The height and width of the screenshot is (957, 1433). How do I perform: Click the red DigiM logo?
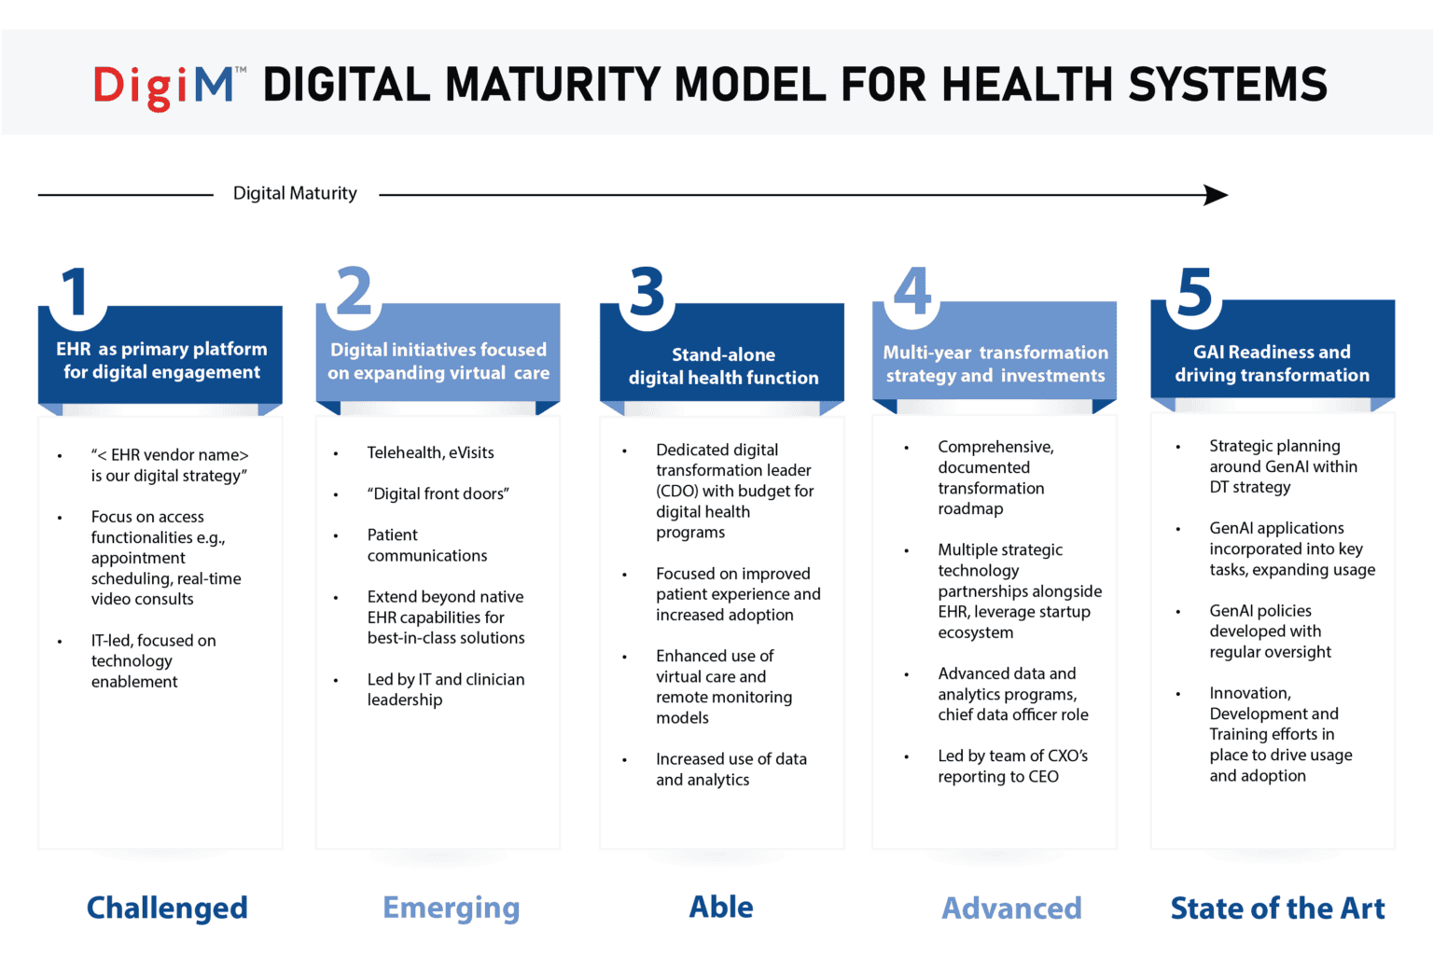[x=168, y=87]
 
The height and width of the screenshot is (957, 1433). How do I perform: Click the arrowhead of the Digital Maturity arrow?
[x=1216, y=195]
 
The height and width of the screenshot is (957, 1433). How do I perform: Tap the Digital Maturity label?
[x=295, y=193]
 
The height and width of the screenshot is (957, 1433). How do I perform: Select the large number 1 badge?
[x=76, y=293]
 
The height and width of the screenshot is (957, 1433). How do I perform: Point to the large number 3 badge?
[x=647, y=293]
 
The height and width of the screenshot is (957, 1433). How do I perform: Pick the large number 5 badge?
[x=1194, y=293]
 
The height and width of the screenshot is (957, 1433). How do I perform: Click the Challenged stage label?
[x=167, y=908]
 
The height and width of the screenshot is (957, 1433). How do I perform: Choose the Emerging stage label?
[x=451, y=908]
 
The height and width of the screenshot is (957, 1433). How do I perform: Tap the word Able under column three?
[x=721, y=907]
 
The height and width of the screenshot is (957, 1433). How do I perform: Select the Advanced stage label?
[x=1011, y=908]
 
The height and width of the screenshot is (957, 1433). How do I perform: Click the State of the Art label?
[x=1277, y=908]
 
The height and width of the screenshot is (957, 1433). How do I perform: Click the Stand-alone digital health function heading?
[x=723, y=367]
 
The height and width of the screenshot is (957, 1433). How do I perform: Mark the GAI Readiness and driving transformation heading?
[x=1272, y=364]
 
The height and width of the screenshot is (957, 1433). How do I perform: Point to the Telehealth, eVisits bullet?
[x=430, y=452]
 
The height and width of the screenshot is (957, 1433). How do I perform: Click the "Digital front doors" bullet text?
[x=438, y=493]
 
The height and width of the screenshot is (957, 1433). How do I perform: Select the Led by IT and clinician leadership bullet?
[x=445, y=689]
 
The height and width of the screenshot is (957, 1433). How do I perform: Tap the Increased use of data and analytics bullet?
[x=730, y=770]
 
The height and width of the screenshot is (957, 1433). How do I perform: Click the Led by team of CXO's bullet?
[x=1012, y=766]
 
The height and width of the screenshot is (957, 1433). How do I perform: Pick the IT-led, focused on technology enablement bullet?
[x=153, y=660]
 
